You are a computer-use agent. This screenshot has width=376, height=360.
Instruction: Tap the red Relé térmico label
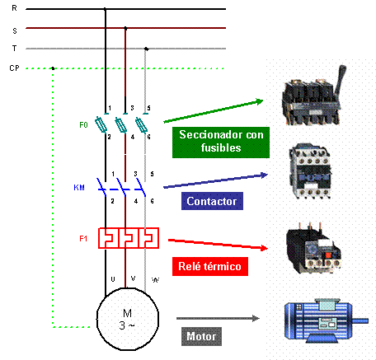[209, 266]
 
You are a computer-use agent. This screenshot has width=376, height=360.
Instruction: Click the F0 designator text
[83, 125]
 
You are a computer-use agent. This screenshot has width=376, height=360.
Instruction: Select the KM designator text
[79, 188]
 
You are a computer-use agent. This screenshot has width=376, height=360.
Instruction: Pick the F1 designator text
[83, 239]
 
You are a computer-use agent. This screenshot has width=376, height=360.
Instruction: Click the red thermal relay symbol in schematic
[128, 238]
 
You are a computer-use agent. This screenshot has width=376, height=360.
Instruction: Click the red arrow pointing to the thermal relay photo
[219, 244]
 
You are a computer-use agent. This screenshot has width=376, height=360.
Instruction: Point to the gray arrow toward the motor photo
[219, 316]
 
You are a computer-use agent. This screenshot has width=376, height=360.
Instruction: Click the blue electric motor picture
[317, 320]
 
